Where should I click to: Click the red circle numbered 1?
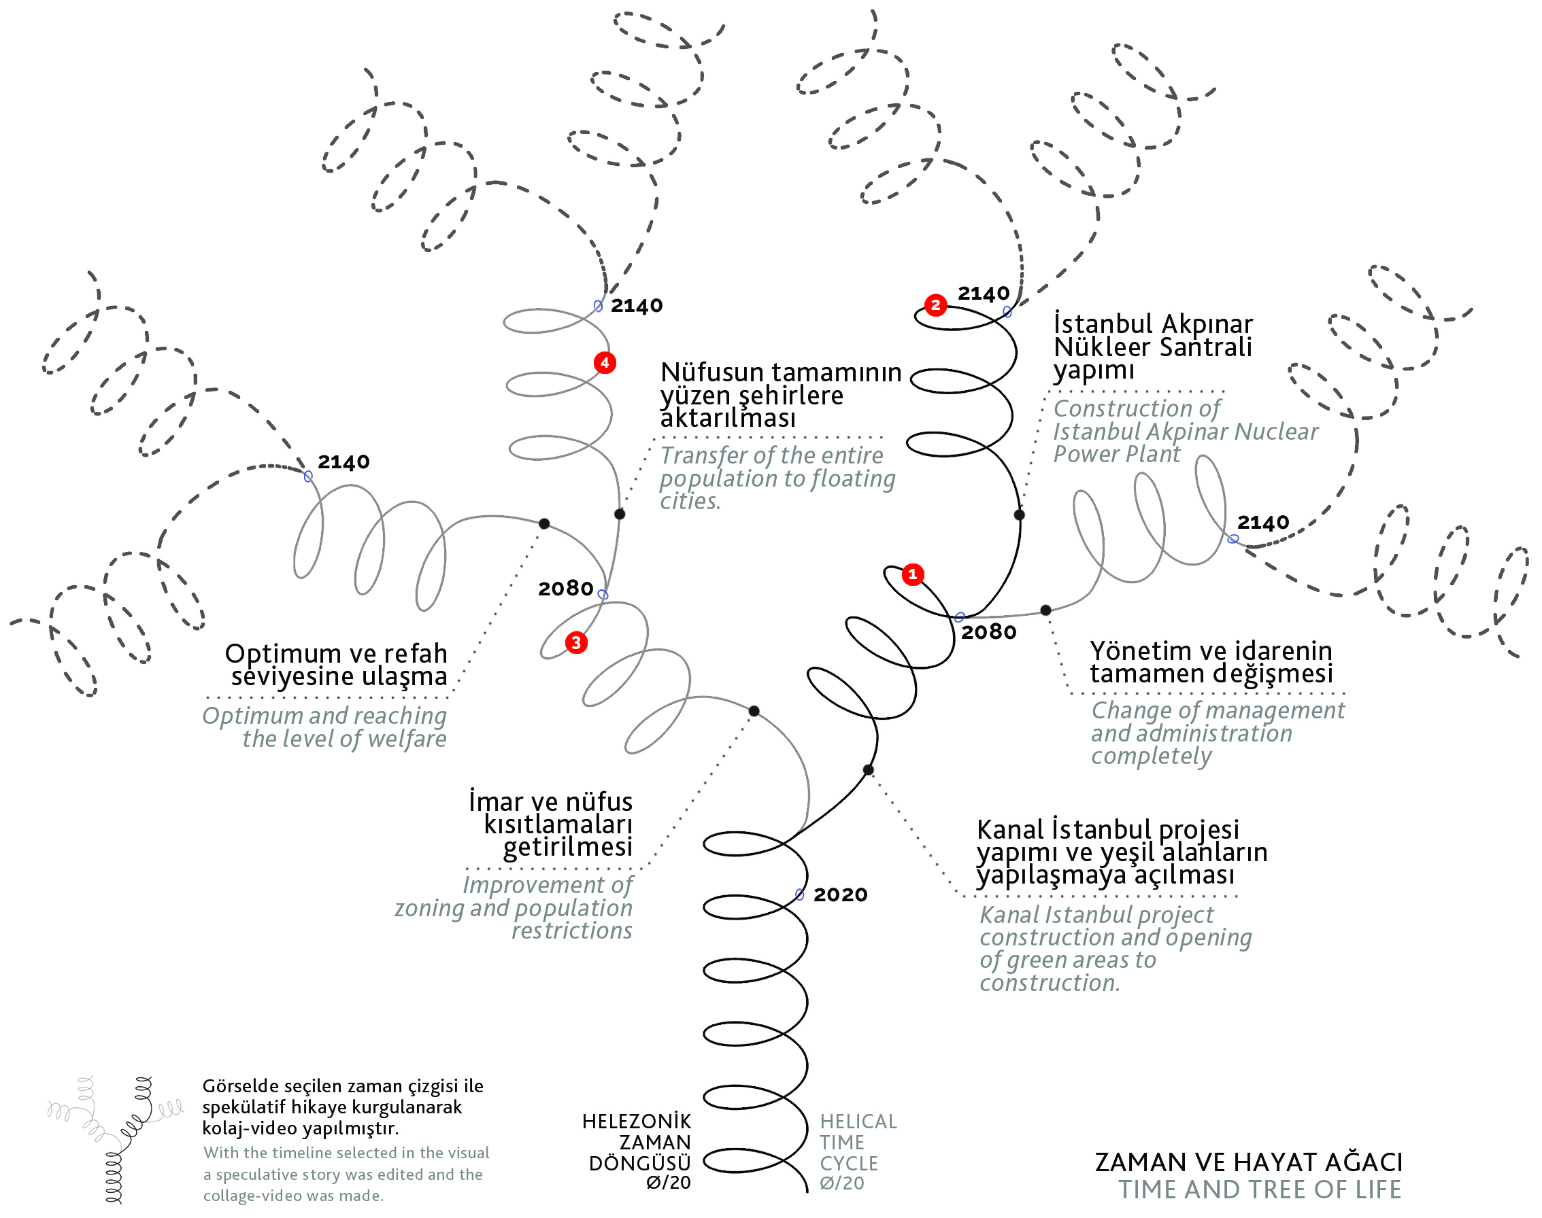(x=913, y=574)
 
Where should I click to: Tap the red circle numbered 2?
(x=935, y=305)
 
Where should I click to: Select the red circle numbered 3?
(x=576, y=642)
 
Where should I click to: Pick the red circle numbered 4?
(x=605, y=363)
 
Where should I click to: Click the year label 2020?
(x=840, y=894)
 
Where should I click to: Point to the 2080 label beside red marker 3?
(x=565, y=589)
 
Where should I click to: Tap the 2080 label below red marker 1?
(x=988, y=632)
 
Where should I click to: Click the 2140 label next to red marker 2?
(x=984, y=293)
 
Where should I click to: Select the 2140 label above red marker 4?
(x=637, y=305)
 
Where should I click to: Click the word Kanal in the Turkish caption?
(x=1010, y=830)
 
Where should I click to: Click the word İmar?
(x=493, y=801)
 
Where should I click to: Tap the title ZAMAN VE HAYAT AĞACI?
(x=1248, y=1162)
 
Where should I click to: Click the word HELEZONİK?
(x=637, y=1121)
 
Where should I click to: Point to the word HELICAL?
(x=858, y=1121)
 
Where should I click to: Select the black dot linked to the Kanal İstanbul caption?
(x=868, y=770)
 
